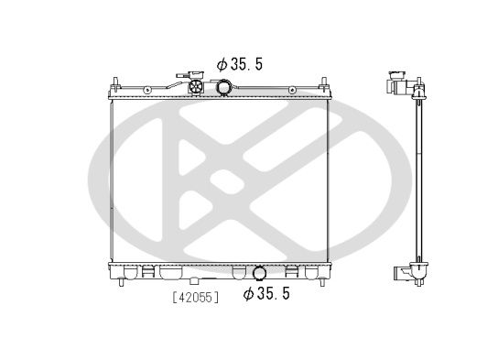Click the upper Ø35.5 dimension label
[240, 64]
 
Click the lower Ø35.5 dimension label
[266, 293]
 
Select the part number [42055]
[196, 298]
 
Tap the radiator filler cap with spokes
[196, 86]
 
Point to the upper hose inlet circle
[223, 87]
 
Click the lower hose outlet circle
[260, 273]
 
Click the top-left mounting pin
[115, 82]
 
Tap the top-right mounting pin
[324, 82]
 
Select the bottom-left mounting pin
[121, 282]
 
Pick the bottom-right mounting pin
[322, 282]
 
